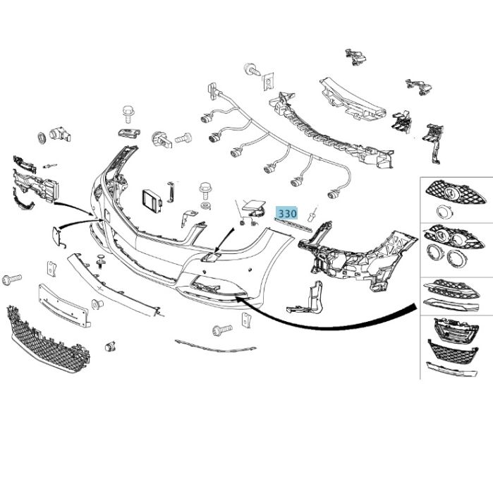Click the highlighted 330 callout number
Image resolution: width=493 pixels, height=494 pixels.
click(x=287, y=212)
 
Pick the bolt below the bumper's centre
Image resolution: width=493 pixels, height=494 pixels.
click(x=221, y=330)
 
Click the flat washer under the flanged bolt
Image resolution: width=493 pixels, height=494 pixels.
click(x=205, y=205)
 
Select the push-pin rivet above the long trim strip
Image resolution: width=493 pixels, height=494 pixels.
click(x=102, y=258)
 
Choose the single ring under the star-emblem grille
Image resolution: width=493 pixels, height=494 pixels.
click(x=443, y=211)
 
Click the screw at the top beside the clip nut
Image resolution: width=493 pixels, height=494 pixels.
click(x=250, y=69)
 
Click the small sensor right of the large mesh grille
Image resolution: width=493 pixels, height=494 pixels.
click(x=110, y=347)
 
